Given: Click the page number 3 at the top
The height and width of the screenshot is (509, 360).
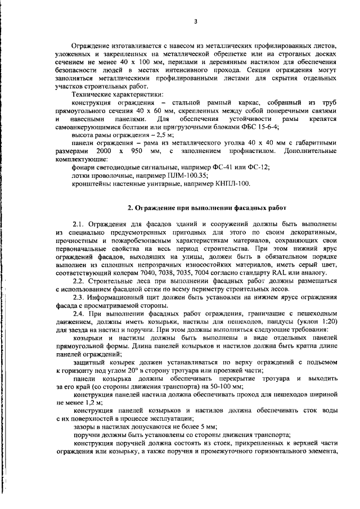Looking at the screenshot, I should coord(195,21).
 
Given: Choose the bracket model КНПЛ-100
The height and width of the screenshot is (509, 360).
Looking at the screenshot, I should coord(229,183).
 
